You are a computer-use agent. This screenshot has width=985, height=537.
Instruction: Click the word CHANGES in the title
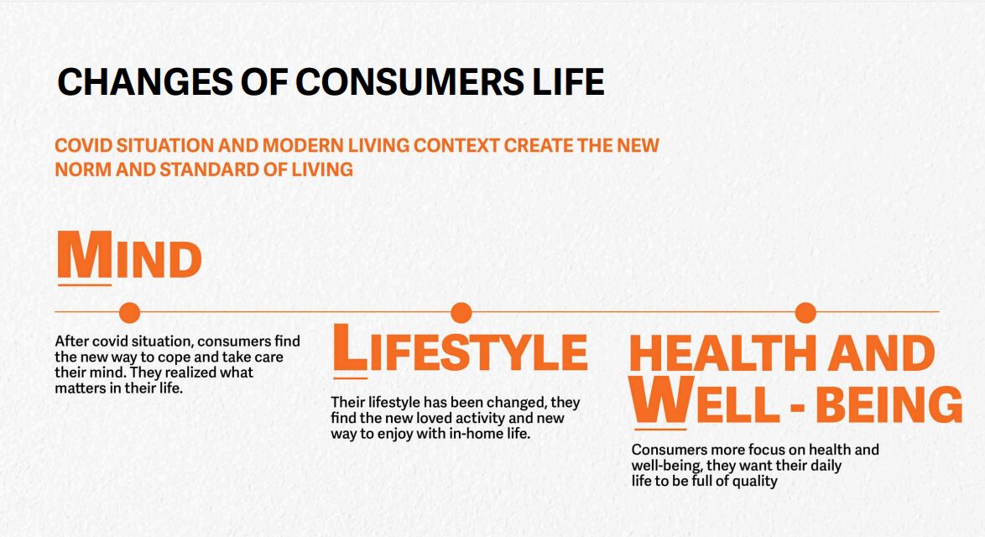(x=144, y=81)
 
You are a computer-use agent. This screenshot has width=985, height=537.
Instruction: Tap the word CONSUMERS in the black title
(x=409, y=81)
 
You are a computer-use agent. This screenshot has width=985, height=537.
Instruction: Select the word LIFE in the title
(x=568, y=81)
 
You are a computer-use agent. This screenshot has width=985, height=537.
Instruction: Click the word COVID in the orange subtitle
(x=84, y=146)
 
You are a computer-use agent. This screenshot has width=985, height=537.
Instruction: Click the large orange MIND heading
(x=129, y=256)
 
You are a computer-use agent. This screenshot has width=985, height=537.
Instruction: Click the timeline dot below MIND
(x=129, y=312)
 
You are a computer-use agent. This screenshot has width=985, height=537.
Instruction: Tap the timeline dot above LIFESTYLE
(x=461, y=312)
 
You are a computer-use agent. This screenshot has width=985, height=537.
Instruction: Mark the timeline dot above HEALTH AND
(x=805, y=312)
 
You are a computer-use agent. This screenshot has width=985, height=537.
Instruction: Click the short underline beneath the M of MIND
(x=85, y=285)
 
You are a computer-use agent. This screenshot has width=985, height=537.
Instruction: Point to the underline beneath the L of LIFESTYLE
(x=351, y=378)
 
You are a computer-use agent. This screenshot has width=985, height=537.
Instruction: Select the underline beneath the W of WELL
(x=660, y=430)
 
